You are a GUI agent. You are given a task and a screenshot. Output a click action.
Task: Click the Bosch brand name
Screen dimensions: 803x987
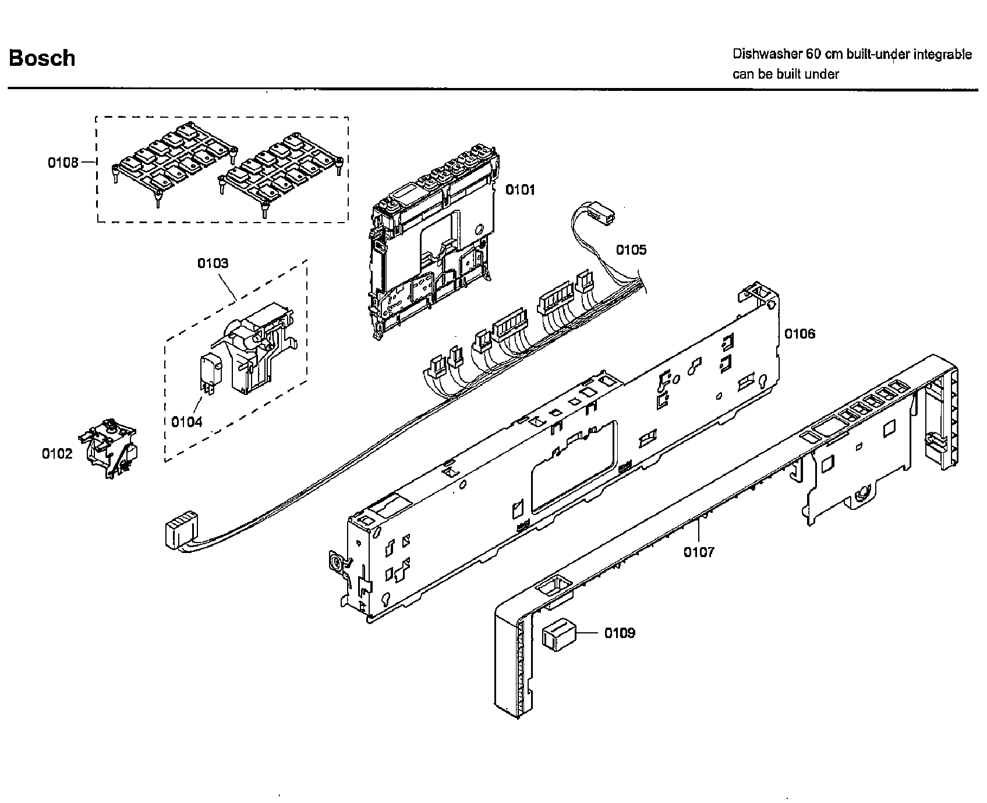(x=42, y=58)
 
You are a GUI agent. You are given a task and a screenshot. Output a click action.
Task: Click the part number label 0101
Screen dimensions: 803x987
(x=519, y=189)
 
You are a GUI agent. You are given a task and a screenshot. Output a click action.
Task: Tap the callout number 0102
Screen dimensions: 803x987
(x=57, y=453)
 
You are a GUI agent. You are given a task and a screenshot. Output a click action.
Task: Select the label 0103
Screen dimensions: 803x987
(x=213, y=263)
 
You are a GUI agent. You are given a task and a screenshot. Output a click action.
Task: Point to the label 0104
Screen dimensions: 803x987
(x=186, y=421)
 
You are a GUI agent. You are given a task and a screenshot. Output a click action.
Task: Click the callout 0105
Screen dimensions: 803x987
(x=631, y=250)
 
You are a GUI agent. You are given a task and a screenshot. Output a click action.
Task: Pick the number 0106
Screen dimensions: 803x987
(x=799, y=334)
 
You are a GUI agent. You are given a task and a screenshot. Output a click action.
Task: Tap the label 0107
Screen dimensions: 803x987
(x=699, y=551)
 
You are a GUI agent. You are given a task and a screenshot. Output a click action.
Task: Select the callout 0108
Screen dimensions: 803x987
(x=63, y=162)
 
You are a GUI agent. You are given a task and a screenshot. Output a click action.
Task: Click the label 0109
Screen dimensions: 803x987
(x=620, y=633)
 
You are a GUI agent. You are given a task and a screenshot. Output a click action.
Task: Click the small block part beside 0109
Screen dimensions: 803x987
(x=558, y=635)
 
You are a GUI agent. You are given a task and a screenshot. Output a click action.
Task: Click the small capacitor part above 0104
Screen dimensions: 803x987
(x=210, y=370)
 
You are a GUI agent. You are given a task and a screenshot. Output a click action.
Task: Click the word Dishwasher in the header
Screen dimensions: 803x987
(x=767, y=55)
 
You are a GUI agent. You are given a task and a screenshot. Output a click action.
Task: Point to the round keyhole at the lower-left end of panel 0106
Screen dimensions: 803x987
(x=336, y=562)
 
